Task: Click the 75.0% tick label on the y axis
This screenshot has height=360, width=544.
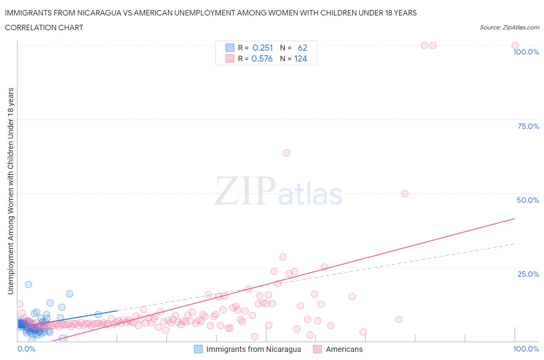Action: [528, 126]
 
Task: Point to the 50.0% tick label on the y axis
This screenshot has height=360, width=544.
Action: [528, 200]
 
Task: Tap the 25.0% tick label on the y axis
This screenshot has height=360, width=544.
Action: [528, 274]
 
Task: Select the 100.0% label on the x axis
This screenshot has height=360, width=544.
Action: [526, 349]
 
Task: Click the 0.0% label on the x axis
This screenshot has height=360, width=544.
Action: [26, 349]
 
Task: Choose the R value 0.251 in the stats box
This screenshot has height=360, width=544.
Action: [263, 48]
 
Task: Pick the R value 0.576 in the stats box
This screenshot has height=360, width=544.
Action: [262, 58]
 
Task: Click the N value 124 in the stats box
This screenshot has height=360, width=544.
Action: [300, 58]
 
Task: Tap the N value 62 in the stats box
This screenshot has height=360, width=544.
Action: [302, 48]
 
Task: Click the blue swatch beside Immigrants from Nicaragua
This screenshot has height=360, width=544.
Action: [198, 349]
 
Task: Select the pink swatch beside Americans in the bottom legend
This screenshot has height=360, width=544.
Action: [318, 349]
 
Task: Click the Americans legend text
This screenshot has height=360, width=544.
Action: [344, 349]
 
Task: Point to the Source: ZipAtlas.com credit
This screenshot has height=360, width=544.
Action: [509, 27]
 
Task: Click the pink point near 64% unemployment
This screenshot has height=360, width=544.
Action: [287, 153]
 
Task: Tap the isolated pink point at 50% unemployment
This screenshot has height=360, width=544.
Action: [405, 194]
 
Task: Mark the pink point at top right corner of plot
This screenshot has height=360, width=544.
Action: [515, 45]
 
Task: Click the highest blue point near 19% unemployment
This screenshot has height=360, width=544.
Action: [29, 285]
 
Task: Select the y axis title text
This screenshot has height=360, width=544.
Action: [10, 191]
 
